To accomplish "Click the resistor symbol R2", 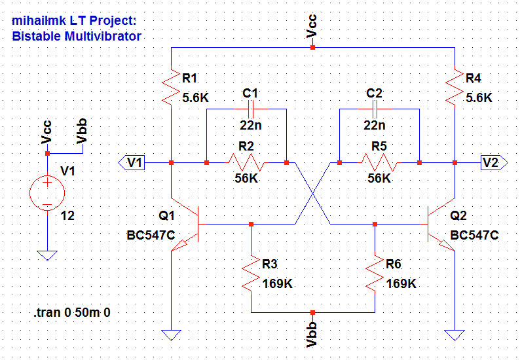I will coord(246,162).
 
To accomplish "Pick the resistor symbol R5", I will coord(379,162).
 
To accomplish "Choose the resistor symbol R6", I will coord(375,274).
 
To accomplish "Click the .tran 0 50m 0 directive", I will coord(72,313).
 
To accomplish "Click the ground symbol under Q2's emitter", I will coord(455,336).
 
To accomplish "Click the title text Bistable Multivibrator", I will coord(77,36).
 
